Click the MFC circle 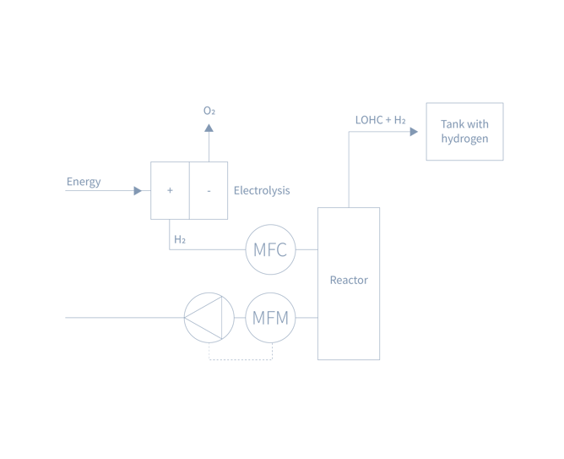pyautogui.click(x=271, y=249)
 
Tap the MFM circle pyautogui.click(x=271, y=318)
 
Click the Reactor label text pyautogui.click(x=349, y=281)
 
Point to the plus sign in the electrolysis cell pyautogui.click(x=170, y=190)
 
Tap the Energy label pyautogui.click(x=84, y=181)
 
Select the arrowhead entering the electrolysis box pyautogui.click(x=140, y=190)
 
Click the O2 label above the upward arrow pyautogui.click(x=209, y=111)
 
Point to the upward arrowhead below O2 pyautogui.click(x=209, y=128)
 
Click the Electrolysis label pyautogui.click(x=262, y=191)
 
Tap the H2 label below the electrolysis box pyautogui.click(x=179, y=240)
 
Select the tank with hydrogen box pyautogui.click(x=464, y=131)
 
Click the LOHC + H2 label pyautogui.click(x=380, y=119)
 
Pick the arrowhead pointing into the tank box pyautogui.click(x=414, y=131)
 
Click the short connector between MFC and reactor pyautogui.click(x=306, y=249)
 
